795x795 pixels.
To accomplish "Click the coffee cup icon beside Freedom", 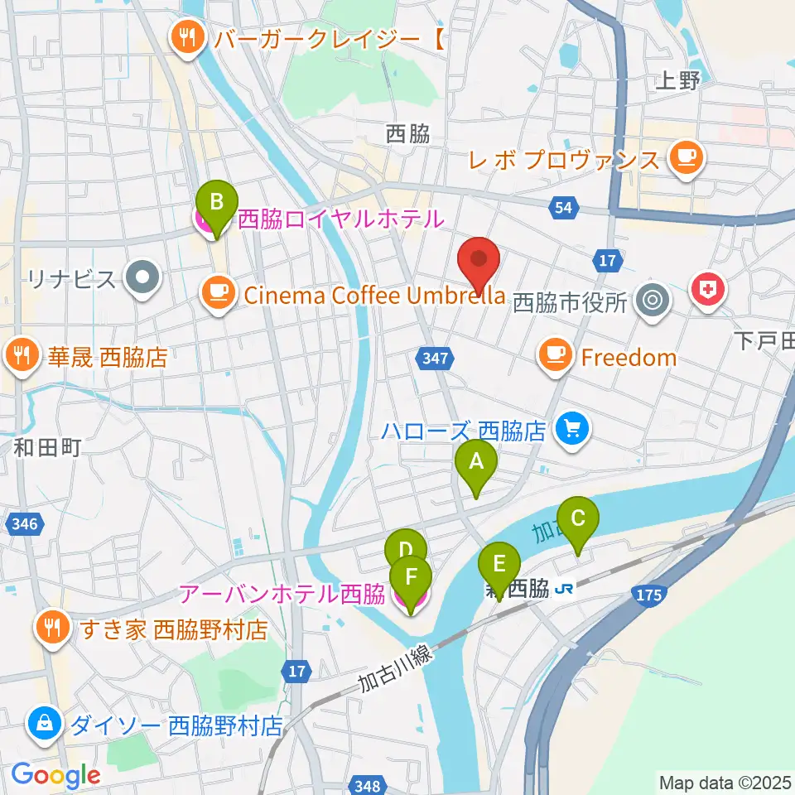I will pyautogui.click(x=554, y=356).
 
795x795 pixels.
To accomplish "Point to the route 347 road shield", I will pyautogui.click(x=435, y=359).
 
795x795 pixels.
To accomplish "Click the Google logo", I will pyautogui.click(x=55, y=776).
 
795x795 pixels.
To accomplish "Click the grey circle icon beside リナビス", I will pyautogui.click(x=142, y=279).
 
